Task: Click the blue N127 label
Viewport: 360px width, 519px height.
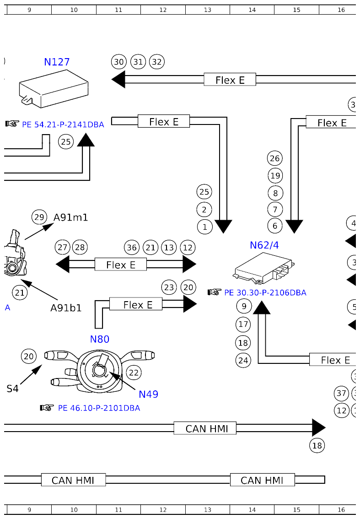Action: (x=57, y=62)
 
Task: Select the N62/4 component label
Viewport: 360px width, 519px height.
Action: (x=264, y=245)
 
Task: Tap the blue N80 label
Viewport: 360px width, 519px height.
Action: (x=99, y=339)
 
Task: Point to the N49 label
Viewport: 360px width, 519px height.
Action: (x=148, y=394)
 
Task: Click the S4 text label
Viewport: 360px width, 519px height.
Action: (x=12, y=389)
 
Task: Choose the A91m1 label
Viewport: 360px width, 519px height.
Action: (x=70, y=217)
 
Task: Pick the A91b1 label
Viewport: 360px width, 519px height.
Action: (x=66, y=308)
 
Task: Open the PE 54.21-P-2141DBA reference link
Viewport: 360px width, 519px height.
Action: (x=63, y=124)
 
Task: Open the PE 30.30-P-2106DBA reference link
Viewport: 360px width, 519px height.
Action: (x=265, y=292)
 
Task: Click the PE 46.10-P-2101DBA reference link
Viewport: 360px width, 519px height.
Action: (x=99, y=408)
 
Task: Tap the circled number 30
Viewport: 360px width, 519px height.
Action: (x=119, y=62)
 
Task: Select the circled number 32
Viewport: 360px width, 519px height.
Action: (x=157, y=62)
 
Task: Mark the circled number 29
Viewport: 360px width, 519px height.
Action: (x=39, y=217)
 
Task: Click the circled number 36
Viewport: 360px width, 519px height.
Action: (x=132, y=248)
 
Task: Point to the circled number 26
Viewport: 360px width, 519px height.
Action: (x=275, y=158)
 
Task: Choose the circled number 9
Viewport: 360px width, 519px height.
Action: (x=244, y=306)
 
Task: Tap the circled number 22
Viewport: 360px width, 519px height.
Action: (x=133, y=373)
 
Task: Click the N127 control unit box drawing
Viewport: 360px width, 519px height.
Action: (x=54, y=91)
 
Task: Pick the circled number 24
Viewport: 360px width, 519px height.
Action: (x=243, y=360)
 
